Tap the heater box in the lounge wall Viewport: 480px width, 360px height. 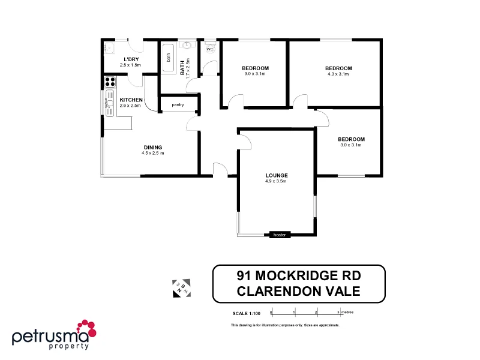[x=280, y=235]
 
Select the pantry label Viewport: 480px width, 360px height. [x=178, y=105]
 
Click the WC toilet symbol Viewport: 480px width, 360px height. [x=210, y=49]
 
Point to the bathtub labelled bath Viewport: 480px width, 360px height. [x=169, y=59]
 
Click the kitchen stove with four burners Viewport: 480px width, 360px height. [x=110, y=82]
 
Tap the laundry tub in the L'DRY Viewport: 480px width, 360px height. [x=109, y=49]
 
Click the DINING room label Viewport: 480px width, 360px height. [x=153, y=147]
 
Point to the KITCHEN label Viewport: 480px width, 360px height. [x=131, y=100]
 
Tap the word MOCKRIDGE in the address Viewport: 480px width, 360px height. [x=298, y=276]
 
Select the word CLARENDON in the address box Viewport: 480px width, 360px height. [x=277, y=292]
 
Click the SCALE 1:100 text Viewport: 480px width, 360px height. [x=247, y=313]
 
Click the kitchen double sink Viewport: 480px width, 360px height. [x=110, y=103]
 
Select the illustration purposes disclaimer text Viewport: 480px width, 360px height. [x=285, y=325]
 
